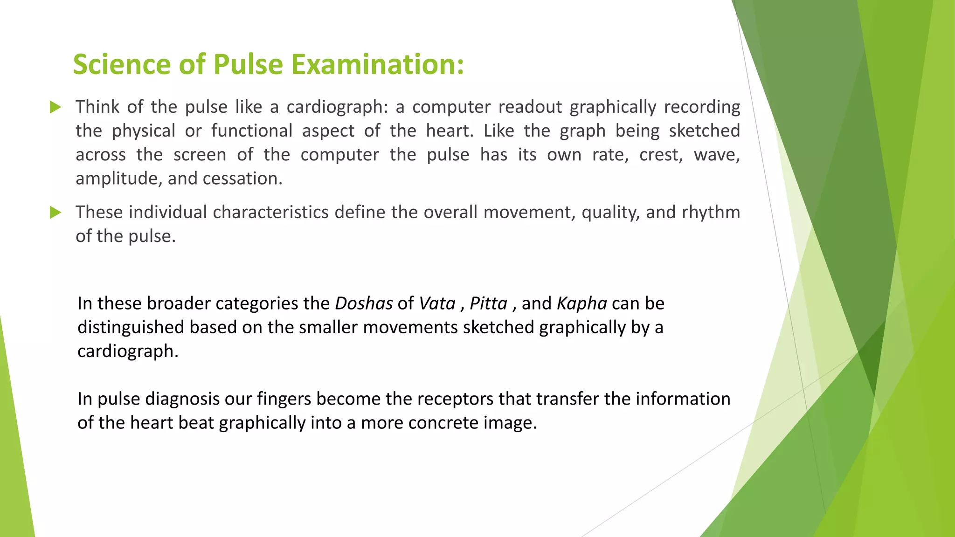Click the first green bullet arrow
55,107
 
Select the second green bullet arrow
55,213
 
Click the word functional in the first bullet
252,131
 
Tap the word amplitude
118,179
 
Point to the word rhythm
711,213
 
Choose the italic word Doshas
364,303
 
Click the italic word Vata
437,303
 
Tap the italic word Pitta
488,303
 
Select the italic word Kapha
582,304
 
